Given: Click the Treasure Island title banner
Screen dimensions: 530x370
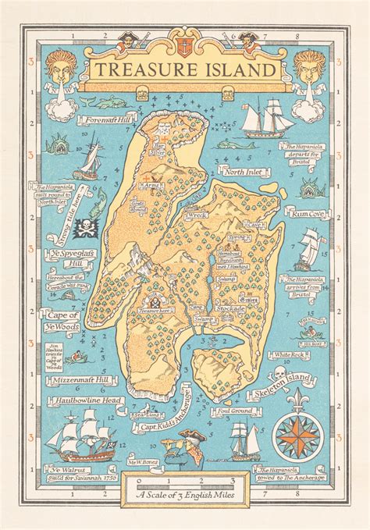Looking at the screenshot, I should click(186, 69).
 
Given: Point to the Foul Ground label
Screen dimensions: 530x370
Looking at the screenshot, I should click(235, 410).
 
